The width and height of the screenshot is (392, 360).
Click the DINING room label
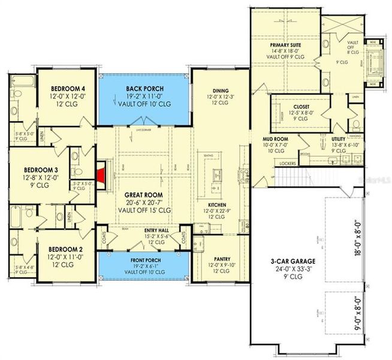220,90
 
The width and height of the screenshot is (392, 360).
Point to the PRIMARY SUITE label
285,46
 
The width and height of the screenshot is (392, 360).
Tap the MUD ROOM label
276,139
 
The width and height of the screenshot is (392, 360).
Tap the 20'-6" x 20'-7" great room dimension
144,203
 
